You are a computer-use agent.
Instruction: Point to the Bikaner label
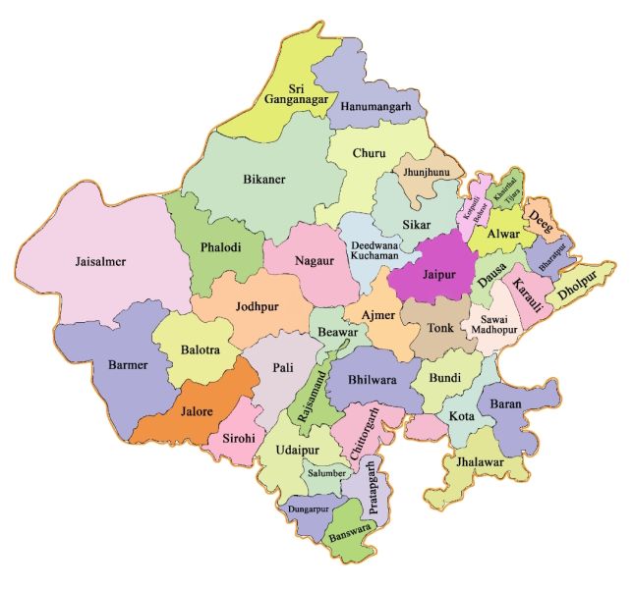tap(263, 179)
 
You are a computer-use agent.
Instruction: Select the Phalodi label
tap(219, 247)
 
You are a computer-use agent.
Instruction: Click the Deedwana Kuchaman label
tap(374, 249)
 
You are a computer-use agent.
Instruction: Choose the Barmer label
tap(128, 365)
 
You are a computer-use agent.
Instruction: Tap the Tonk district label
tap(440, 329)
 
